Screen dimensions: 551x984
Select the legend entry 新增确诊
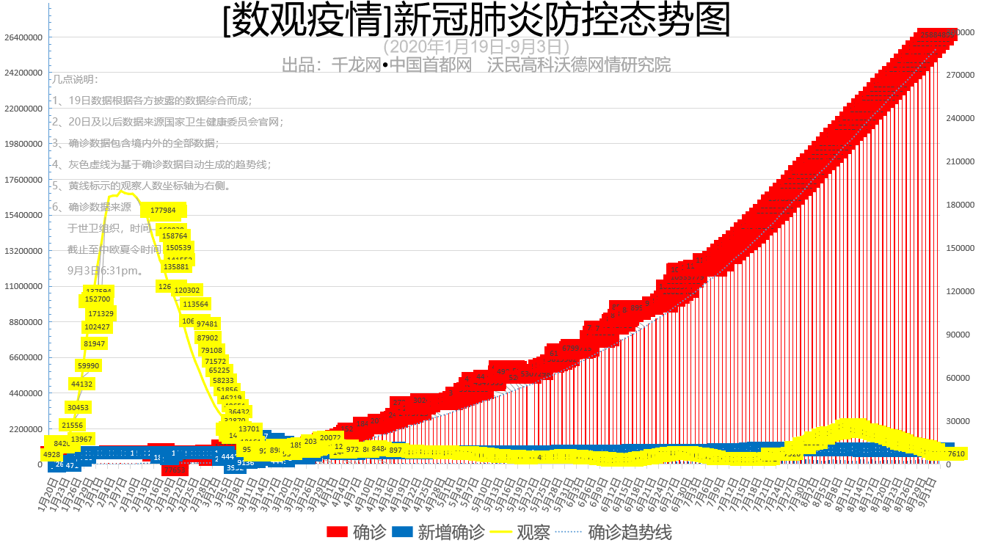point(438,532)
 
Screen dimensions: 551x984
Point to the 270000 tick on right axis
point(961,75)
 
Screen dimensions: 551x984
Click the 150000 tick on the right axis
point(961,248)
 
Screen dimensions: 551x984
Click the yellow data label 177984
point(163,211)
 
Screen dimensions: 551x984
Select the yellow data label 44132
point(81,384)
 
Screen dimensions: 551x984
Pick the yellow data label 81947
point(95,344)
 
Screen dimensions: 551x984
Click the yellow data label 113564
point(195,304)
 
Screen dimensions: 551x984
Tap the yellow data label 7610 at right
point(956,454)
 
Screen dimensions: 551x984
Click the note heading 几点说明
point(75,79)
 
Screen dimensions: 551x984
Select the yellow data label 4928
point(51,455)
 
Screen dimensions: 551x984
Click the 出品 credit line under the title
point(476,65)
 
